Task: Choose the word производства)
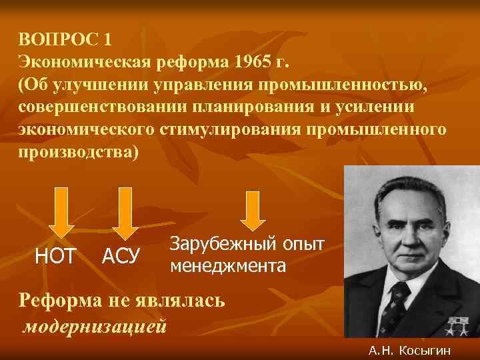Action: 80,151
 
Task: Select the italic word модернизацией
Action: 95,327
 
